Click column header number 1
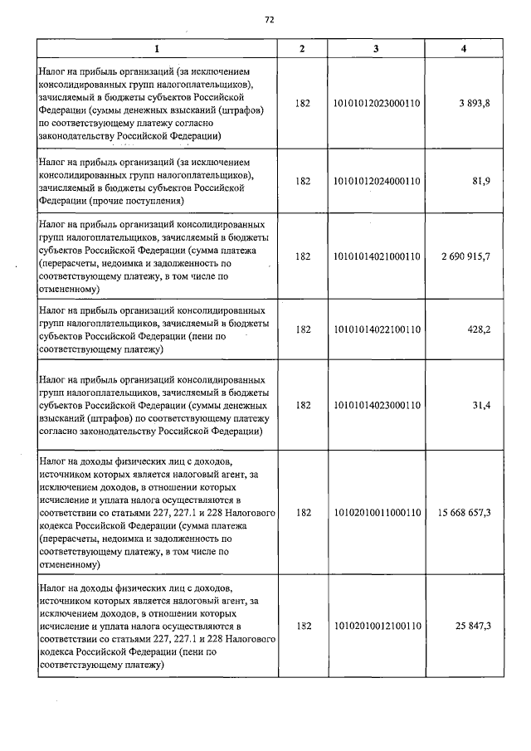tap(155, 49)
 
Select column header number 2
tap(302, 49)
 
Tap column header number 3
tap(376, 49)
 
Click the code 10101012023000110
tap(376, 104)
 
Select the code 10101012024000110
tap(376, 182)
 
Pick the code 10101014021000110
tap(376, 256)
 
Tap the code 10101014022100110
tap(376, 329)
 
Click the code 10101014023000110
tap(376, 405)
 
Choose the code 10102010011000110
tap(376, 513)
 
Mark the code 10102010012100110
tap(376, 625)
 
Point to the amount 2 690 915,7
tap(461, 256)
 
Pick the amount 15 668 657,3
tap(459, 513)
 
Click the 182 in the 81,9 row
tap(302, 182)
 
